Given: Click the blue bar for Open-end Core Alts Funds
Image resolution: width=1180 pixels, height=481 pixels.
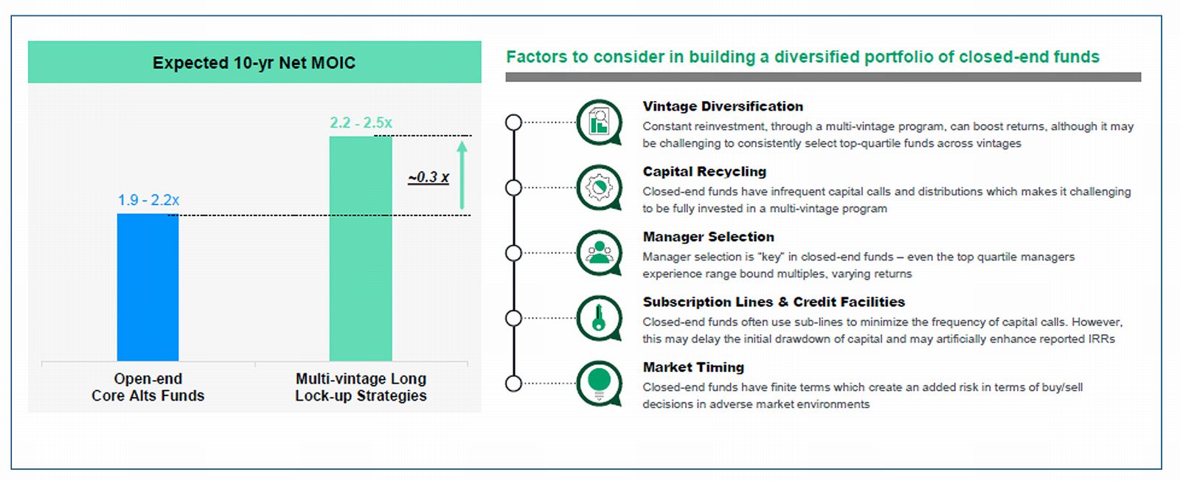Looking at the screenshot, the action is (147, 287).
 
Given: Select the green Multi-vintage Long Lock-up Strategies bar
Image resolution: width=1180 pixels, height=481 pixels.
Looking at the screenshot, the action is (361, 249).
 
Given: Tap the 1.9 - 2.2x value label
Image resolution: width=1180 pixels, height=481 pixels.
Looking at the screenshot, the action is (148, 200).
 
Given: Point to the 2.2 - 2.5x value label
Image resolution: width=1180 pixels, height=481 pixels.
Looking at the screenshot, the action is (361, 122).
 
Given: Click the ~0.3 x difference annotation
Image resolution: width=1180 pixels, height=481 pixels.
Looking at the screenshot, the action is (428, 177).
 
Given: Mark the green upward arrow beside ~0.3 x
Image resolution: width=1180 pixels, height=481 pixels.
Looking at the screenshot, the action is (462, 175).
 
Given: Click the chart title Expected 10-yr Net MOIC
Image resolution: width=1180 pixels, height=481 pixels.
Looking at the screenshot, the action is (254, 63).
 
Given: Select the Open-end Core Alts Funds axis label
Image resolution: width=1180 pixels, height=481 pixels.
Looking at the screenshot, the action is (148, 387).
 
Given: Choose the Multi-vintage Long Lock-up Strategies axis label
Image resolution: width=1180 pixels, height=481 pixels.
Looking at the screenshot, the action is (361, 387).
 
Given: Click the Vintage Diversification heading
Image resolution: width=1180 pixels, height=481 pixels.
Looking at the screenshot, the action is (723, 106).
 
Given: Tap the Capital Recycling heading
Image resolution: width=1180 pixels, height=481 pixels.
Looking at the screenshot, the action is (704, 171).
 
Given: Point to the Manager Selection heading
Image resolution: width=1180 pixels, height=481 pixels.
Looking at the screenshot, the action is (709, 237).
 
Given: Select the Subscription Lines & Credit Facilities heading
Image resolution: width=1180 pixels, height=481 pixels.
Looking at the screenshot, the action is (774, 302).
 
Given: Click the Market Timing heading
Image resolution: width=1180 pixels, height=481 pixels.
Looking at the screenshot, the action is (693, 367).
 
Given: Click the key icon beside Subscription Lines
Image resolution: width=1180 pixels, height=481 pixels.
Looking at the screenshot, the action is (599, 318).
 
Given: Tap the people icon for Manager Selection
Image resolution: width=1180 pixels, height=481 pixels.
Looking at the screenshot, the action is (599, 253).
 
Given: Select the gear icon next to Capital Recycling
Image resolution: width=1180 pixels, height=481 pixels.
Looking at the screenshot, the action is (599, 187).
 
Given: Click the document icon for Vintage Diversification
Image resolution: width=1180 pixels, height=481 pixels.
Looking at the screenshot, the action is (599, 122).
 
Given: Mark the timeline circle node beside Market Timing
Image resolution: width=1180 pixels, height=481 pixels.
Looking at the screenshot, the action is (513, 384).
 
